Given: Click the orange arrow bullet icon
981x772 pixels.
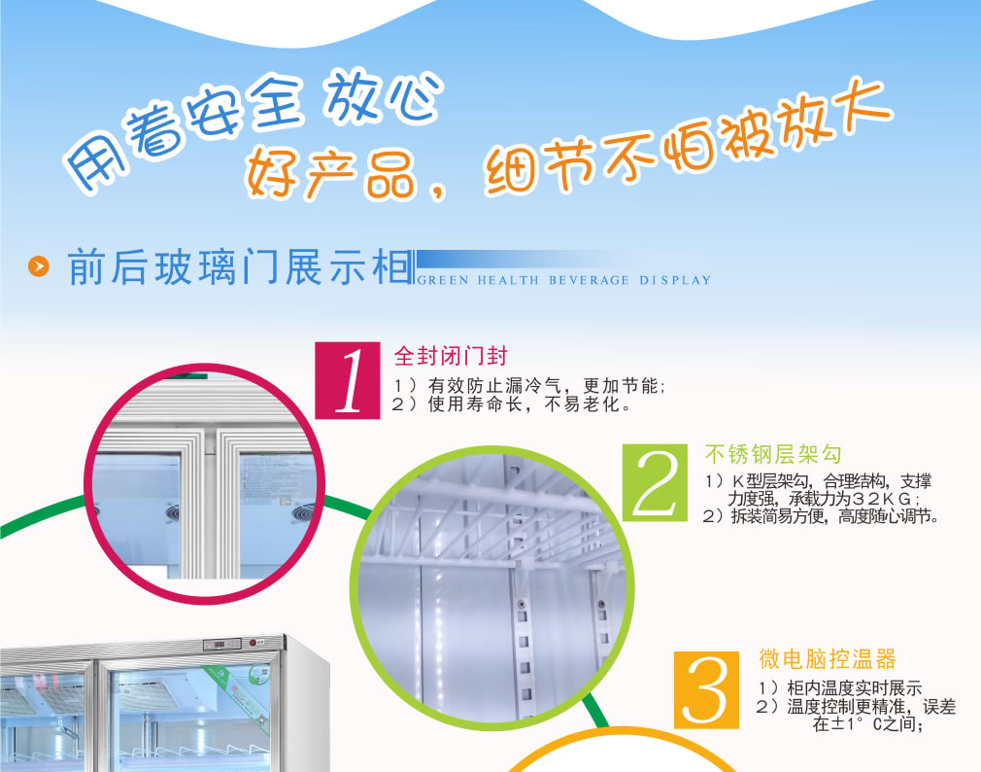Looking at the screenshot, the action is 39,266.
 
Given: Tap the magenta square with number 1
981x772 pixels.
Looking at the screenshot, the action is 347,380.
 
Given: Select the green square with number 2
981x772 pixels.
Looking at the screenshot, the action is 655,482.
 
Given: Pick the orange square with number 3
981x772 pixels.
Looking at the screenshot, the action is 706,690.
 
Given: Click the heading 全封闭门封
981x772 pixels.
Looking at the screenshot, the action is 451,356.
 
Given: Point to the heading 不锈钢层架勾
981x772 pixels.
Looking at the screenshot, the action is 773,454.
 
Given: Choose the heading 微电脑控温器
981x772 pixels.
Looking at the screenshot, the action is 828,658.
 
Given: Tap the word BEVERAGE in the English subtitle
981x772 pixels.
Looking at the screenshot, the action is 589,280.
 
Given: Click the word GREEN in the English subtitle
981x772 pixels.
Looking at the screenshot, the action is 442,280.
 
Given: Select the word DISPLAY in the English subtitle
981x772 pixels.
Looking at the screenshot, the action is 675,280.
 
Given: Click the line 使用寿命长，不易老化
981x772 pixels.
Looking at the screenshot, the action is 523,404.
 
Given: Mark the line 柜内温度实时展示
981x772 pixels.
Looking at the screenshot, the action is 854,688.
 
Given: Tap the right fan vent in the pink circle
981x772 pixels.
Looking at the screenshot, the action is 303,513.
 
